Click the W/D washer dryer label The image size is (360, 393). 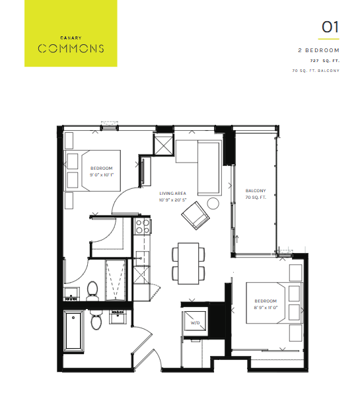click(x=195, y=322)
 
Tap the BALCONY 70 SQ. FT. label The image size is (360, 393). click(x=256, y=194)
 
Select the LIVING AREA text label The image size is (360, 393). click(x=172, y=194)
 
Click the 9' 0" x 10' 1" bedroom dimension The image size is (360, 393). click(x=102, y=174)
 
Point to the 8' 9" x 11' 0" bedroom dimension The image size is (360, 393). click(x=266, y=308)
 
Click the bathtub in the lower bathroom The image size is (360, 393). click(x=73, y=331)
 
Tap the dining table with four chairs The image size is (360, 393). click(x=188, y=264)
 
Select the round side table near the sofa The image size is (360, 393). click(x=213, y=203)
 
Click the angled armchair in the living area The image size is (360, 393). click(x=196, y=215)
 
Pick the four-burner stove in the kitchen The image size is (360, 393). click(x=143, y=226)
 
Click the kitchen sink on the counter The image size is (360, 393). click(x=141, y=258)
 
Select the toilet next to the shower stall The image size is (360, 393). click(x=92, y=291)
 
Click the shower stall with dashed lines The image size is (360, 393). click(x=115, y=280)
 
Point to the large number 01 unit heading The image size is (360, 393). click(x=330, y=27)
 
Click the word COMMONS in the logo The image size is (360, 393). click(x=71, y=48)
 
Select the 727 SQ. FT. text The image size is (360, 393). click(x=324, y=61)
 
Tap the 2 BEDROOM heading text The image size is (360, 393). click(x=318, y=50)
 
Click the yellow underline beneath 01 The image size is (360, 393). click(x=329, y=39)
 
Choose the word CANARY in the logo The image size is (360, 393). click(x=71, y=38)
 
